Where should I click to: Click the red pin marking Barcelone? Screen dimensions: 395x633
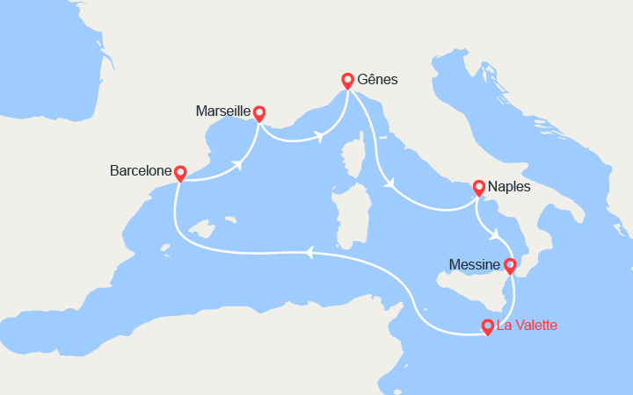point(180,173)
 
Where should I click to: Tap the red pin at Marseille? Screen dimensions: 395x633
point(259,112)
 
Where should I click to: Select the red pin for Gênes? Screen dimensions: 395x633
point(347,80)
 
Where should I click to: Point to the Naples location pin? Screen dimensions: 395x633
point(479,187)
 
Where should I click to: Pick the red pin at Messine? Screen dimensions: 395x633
point(510,264)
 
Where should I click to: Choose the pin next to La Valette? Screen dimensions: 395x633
point(487,327)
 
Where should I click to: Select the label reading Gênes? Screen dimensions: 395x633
point(378,79)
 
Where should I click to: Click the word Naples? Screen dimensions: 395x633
point(510,186)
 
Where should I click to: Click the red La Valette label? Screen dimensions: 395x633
point(527,326)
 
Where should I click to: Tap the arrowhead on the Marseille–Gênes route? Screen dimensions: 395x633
point(320,136)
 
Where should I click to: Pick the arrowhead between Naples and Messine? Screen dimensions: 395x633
point(496,233)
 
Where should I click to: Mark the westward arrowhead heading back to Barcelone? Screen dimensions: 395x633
point(309,252)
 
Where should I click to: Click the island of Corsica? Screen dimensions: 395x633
point(357,162)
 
